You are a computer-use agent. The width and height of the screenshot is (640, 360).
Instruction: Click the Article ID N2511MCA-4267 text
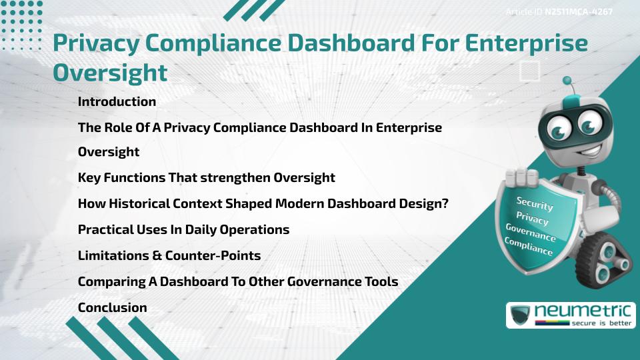(x=559, y=12)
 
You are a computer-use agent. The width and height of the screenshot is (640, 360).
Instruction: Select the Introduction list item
(x=117, y=102)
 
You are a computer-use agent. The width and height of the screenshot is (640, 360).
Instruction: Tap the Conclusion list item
(x=112, y=307)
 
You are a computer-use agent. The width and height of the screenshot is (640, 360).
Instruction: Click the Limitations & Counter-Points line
(x=169, y=255)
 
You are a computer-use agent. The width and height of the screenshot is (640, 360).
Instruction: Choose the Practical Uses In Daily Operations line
(x=183, y=229)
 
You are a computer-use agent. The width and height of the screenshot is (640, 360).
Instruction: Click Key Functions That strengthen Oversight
(x=206, y=177)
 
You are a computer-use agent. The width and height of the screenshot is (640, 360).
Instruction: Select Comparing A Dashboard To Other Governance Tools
(x=237, y=281)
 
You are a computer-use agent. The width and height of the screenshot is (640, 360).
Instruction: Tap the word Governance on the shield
(x=531, y=233)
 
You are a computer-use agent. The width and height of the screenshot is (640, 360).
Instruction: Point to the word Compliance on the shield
(x=529, y=246)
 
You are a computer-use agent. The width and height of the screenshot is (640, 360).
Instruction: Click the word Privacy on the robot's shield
(x=532, y=218)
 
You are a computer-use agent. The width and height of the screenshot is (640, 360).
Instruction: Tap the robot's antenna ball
(x=567, y=81)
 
